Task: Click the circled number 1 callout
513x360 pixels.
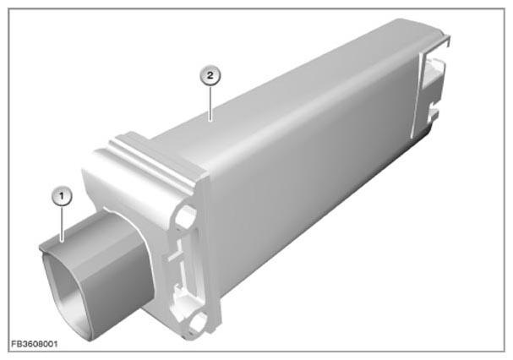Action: pyautogui.click(x=63, y=196)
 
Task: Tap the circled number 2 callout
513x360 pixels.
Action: pyautogui.click(x=210, y=75)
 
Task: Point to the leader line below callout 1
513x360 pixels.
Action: pyautogui.click(x=63, y=224)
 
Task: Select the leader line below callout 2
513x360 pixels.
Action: pyautogui.click(x=210, y=103)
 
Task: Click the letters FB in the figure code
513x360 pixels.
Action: pyautogui.click(x=16, y=344)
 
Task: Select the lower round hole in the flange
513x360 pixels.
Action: pyautogui.click(x=197, y=321)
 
